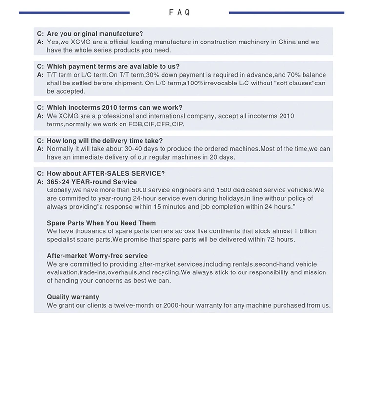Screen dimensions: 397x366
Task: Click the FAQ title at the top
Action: point(180,12)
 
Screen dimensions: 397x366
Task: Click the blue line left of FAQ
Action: point(74,12)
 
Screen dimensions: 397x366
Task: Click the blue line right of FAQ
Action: point(286,12)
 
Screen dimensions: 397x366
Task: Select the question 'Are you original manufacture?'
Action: point(95,34)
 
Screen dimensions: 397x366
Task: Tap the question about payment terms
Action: point(113,66)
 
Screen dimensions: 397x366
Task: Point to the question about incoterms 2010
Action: point(114,107)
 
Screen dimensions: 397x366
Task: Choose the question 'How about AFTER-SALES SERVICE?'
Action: point(105,173)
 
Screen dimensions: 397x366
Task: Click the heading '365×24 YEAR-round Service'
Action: point(92,182)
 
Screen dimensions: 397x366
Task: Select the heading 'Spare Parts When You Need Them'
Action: point(101,223)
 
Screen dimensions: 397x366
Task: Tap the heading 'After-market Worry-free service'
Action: point(97,256)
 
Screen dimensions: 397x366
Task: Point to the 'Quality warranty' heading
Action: point(73,297)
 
